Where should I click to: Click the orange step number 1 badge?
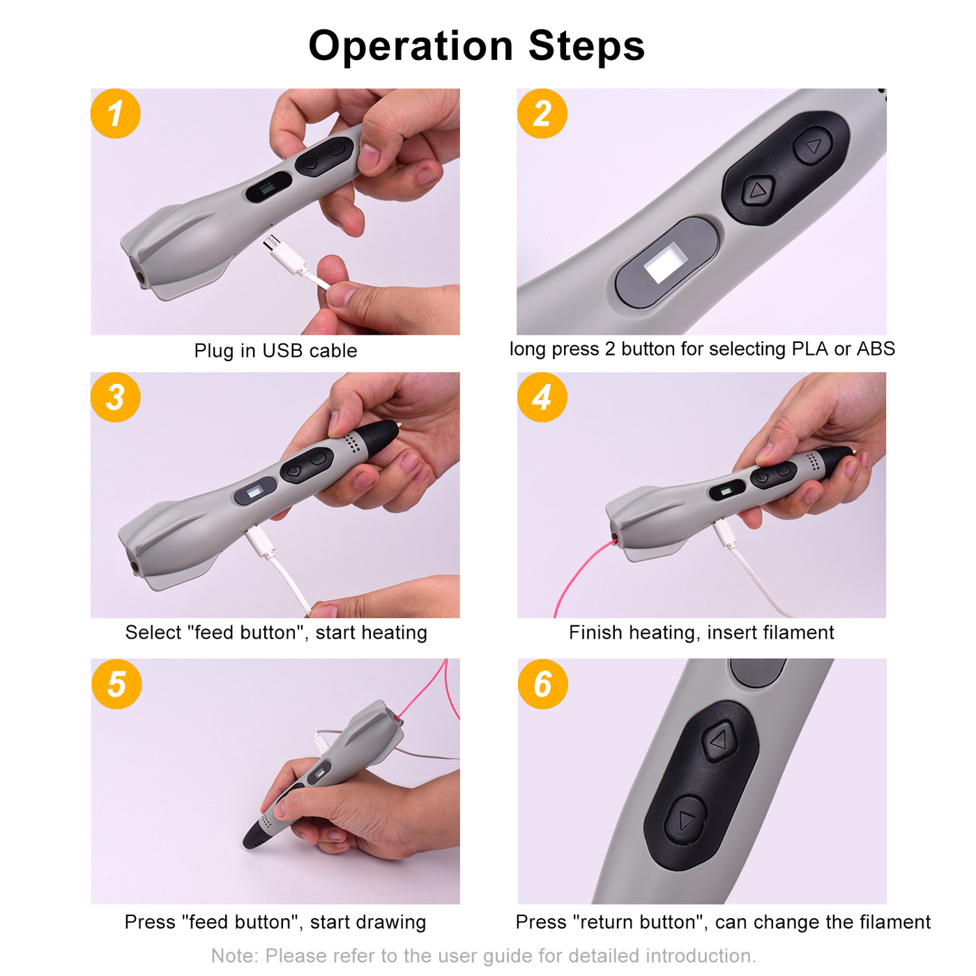[x=116, y=114]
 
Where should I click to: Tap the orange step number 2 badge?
[x=542, y=114]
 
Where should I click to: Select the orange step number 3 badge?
[x=116, y=397]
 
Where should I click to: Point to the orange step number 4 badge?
[x=542, y=397]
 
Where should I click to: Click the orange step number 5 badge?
[x=116, y=685]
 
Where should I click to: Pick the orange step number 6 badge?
[x=543, y=685]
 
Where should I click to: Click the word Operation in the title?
[x=411, y=47]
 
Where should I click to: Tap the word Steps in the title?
[x=586, y=47]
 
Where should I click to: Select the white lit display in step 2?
[x=664, y=262]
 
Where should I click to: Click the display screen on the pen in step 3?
[x=254, y=492]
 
